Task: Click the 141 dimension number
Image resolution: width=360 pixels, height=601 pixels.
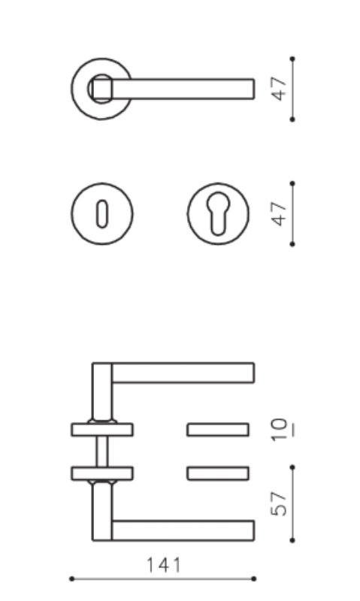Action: (164, 566)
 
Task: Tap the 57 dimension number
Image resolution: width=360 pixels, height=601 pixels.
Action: (279, 503)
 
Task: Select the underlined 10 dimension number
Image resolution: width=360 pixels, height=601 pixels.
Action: (280, 430)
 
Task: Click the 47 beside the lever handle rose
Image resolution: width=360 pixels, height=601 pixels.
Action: (279, 89)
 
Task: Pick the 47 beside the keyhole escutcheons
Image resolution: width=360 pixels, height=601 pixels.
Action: (279, 213)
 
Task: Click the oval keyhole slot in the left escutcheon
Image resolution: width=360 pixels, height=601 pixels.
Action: (102, 213)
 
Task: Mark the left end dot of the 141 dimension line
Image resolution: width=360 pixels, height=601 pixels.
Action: (71, 578)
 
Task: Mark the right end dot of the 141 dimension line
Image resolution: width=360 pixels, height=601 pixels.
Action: (254, 578)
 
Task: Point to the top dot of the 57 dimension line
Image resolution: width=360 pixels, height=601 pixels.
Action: (292, 467)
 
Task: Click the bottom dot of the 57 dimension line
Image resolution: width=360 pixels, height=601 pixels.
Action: (292, 540)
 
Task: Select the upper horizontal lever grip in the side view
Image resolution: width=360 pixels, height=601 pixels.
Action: (183, 373)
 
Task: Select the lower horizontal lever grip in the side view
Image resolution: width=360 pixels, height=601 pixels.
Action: (183, 530)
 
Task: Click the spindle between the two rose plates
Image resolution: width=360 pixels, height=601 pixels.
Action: (102, 452)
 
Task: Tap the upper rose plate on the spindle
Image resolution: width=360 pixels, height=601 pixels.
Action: (102, 430)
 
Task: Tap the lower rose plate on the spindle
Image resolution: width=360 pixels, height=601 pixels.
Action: (102, 473)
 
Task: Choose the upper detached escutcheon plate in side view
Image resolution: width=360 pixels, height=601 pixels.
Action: (218, 430)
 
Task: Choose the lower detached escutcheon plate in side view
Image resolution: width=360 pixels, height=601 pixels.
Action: (218, 473)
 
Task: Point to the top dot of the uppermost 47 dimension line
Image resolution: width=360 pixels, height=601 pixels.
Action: (292, 59)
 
